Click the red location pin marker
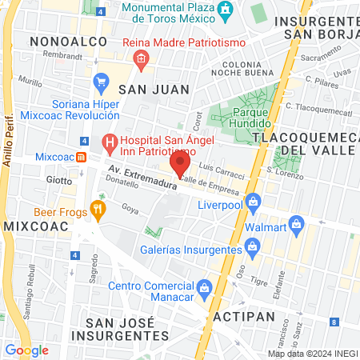click(x=180, y=165)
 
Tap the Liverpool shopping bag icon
click(x=254, y=200)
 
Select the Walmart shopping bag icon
click(x=296, y=222)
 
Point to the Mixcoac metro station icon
click(x=82, y=156)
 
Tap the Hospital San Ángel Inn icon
click(x=109, y=144)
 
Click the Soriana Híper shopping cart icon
click(x=101, y=81)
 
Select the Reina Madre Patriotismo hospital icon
click(x=141, y=58)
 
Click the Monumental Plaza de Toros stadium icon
click(x=226, y=10)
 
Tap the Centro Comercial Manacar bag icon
click(x=204, y=286)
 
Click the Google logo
click(x=26, y=350)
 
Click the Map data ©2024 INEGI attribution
click(x=312, y=354)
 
